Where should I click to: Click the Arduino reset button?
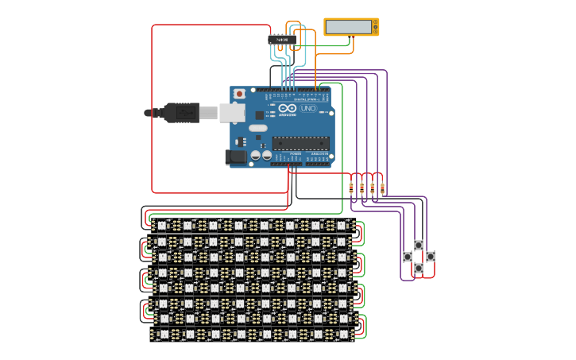click(x=239, y=94)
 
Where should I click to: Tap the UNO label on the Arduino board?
click(x=308, y=108)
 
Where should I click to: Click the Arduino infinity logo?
click(x=288, y=108)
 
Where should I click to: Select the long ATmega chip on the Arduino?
click(x=300, y=143)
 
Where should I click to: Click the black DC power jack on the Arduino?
click(x=235, y=157)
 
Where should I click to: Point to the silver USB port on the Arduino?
click(x=231, y=113)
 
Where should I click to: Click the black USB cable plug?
click(x=181, y=113)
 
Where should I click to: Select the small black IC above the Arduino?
click(x=282, y=39)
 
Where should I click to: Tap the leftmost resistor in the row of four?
click(x=351, y=188)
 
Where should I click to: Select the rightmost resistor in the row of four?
click(x=382, y=188)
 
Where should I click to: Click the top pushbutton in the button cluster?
click(x=419, y=246)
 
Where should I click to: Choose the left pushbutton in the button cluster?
click(x=408, y=257)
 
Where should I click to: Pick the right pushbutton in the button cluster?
click(x=431, y=257)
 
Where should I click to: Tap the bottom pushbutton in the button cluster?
click(x=419, y=269)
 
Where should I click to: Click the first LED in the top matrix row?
click(x=162, y=226)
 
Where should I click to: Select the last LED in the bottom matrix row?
click(x=343, y=335)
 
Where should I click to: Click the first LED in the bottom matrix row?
click(x=164, y=335)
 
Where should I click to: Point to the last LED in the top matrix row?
click(x=341, y=226)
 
